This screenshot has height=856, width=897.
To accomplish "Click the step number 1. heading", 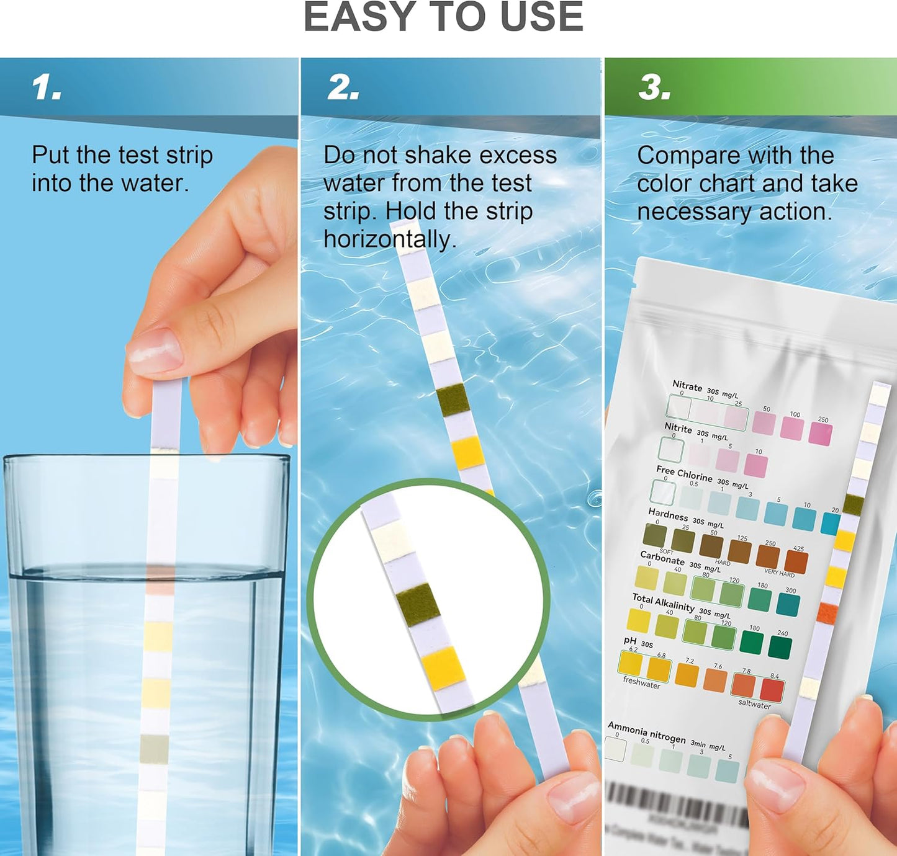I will pos(47,87).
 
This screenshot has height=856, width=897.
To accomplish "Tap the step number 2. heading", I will pos(343,87).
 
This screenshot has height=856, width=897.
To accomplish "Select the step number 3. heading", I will pos(654,87).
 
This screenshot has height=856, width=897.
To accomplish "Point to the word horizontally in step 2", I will pos(389,239).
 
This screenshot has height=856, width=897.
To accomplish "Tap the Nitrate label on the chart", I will pos(687,386).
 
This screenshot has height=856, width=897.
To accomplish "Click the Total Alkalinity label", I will pos(663,602).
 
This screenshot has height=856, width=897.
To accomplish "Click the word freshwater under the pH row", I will pos(641,683).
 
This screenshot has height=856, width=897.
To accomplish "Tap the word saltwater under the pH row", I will pos(754,704).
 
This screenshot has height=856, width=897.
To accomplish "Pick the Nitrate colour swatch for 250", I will pos(820,434).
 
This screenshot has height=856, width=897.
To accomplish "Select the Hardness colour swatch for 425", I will pos(796,562).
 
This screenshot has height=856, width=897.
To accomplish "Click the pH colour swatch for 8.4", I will pos(772,690).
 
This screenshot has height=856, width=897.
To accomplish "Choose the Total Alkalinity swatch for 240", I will pos(780,647).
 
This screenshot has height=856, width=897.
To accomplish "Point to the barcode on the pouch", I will pos(677,803).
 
